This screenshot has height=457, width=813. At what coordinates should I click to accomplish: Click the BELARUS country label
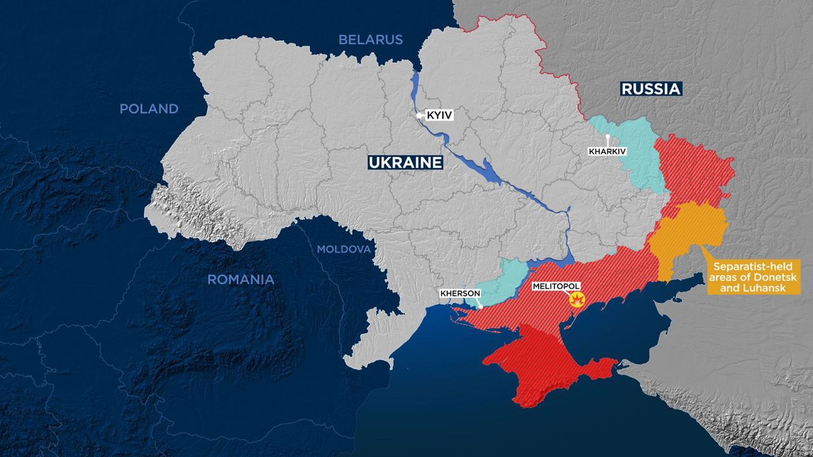coord(370,39)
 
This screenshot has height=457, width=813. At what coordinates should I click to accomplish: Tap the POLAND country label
coord(149,109)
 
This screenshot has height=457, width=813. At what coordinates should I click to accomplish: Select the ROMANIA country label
coord(241,279)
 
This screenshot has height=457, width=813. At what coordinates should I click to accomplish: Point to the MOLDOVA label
coord(344,249)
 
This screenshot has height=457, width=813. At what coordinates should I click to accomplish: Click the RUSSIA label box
coord(650,89)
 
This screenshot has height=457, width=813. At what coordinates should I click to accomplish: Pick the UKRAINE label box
coord(405,162)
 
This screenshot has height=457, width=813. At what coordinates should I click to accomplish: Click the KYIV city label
coord(438,116)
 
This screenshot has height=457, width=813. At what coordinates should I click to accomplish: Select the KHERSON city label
coord(460,293)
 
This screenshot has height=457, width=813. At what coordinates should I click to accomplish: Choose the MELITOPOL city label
coord(556,287)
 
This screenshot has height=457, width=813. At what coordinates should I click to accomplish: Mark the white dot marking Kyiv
coord(419,116)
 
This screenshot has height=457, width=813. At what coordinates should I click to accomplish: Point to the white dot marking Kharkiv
coord(608,136)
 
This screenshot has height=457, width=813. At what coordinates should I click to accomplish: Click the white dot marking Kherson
coord(480,306)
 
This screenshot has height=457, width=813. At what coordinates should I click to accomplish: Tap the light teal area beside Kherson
coord(502,282)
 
